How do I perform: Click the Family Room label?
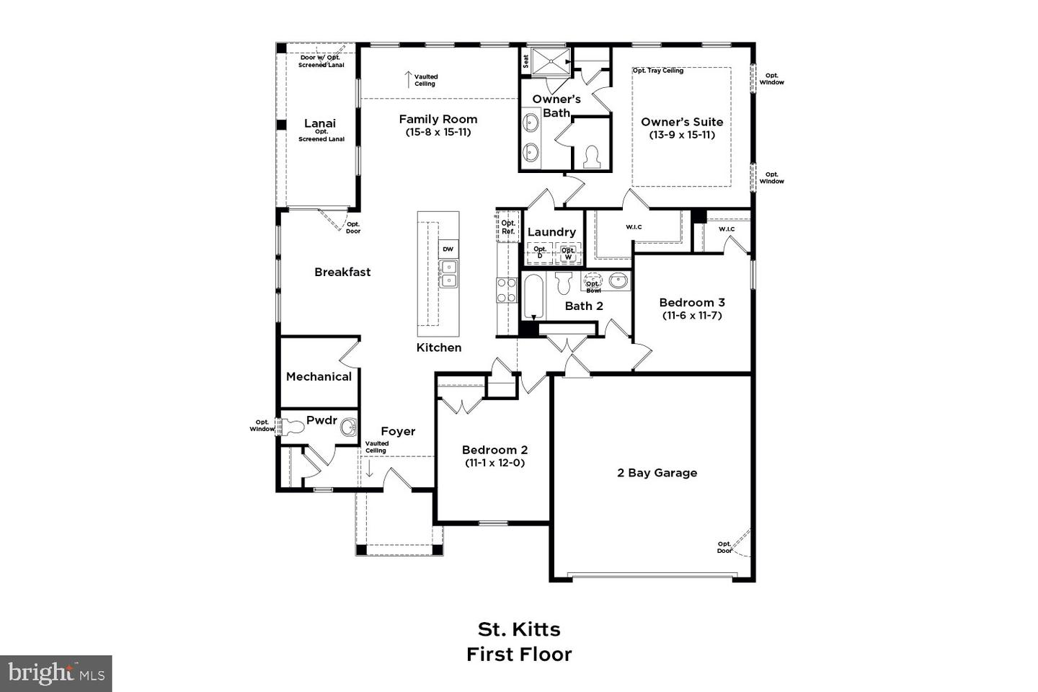click(x=438, y=120)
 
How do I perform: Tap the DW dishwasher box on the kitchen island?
click(x=448, y=249)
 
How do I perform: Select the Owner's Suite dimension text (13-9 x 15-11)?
click(x=682, y=135)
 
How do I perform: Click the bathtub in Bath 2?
click(x=533, y=296)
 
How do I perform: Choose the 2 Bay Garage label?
click(x=657, y=473)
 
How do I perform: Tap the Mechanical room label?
click(x=319, y=376)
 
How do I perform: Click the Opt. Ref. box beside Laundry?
click(x=508, y=228)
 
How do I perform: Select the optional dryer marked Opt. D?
click(x=540, y=252)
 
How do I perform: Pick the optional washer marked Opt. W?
click(x=568, y=253)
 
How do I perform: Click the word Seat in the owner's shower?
click(x=526, y=61)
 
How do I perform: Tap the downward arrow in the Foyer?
click(x=369, y=469)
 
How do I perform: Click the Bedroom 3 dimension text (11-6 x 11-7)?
click(x=691, y=316)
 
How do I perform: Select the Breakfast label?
click(x=342, y=272)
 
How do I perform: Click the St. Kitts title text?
click(x=519, y=629)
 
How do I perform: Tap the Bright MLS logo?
click(x=56, y=673)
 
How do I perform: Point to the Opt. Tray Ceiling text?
click(x=658, y=71)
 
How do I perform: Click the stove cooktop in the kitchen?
click(x=507, y=290)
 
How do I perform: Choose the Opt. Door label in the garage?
click(x=724, y=547)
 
